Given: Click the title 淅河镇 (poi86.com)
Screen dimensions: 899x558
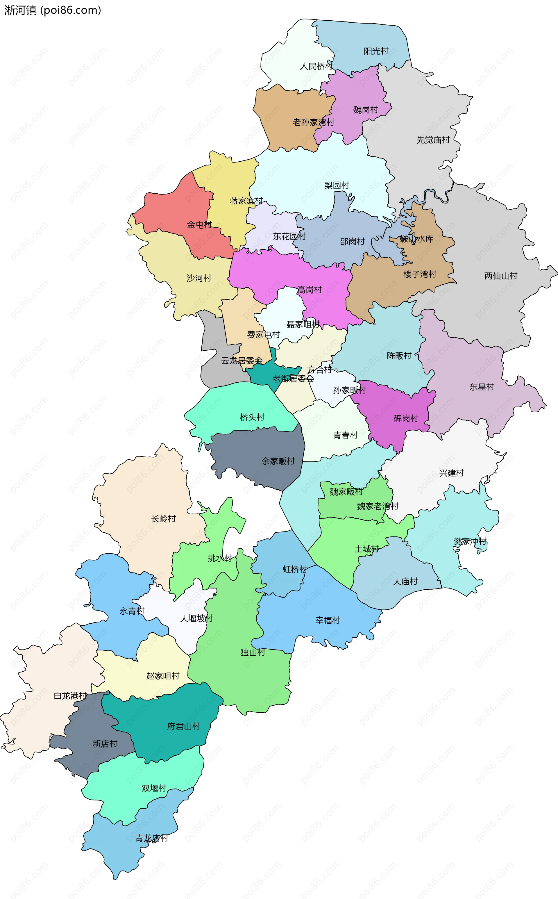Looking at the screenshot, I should tap(52, 10).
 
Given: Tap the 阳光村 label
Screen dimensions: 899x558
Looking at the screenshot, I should tap(376, 51).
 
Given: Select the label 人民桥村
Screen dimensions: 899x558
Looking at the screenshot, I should tap(316, 67).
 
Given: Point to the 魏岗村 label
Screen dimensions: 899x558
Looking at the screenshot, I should tap(365, 110).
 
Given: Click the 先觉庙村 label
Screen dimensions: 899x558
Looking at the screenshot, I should tap(433, 140).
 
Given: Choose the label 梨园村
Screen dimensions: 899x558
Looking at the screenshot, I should tap(337, 185).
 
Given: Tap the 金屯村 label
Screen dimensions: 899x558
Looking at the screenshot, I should tap(199, 224).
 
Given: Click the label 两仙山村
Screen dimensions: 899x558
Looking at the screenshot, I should tap(500, 276).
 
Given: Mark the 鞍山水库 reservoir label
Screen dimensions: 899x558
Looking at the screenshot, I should tap(417, 239).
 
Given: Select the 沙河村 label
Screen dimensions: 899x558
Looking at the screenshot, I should tap(199, 278).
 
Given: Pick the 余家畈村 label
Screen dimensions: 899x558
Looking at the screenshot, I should tap(278, 461).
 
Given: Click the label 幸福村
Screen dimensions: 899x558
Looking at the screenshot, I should tap(327, 620).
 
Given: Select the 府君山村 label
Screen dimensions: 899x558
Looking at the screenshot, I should tap(183, 726).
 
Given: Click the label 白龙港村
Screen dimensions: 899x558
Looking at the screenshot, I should tap(70, 695).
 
